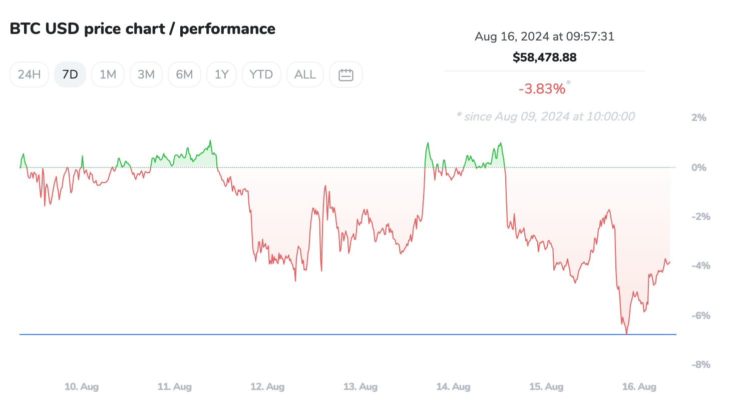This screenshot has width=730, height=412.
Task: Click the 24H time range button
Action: [29, 74]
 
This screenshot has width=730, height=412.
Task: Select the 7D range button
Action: [70, 74]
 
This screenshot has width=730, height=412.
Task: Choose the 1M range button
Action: [108, 74]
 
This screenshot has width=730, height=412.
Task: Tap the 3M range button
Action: [146, 74]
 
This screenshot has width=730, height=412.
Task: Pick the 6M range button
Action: [184, 74]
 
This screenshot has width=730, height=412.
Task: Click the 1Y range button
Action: [221, 74]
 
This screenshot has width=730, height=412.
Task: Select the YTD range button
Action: [261, 74]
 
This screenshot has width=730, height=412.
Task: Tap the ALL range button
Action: [305, 74]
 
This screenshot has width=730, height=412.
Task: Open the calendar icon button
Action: [346, 74]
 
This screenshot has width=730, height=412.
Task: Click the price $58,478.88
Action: [544, 57]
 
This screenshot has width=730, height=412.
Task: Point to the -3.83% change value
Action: [542, 89]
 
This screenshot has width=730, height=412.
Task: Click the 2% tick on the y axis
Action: [698, 118]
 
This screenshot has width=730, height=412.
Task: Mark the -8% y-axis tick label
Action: [700, 364]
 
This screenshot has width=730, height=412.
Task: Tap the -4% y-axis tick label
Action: [700, 265]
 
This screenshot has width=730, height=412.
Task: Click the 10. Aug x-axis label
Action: [82, 386]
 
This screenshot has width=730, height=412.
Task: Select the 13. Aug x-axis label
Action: [360, 386]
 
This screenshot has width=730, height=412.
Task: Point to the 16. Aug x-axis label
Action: [639, 386]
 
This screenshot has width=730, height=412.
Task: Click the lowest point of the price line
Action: [626, 333]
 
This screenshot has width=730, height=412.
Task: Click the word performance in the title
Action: [227, 29]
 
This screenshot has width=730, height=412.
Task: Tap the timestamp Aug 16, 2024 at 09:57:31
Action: [544, 36]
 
